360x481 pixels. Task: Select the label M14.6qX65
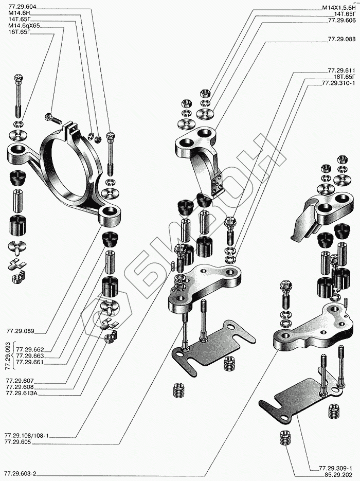pos(24,25)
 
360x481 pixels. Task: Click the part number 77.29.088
pos(341,39)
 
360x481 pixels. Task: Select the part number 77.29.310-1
pos(338,82)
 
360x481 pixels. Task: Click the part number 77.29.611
pos(341,70)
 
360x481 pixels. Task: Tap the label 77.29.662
pos(30,349)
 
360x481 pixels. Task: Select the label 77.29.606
pos(341,21)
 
